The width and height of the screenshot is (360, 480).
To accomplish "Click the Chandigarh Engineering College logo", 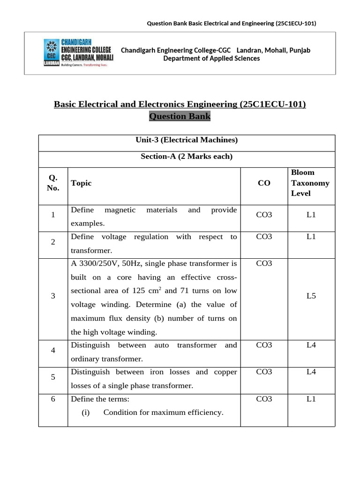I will tap(78, 52).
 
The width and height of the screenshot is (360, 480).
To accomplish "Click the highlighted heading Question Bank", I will tap(180, 116).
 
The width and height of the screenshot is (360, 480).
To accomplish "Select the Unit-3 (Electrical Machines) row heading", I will tap(187, 140).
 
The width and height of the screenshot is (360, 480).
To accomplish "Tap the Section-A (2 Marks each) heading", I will tap(187, 157).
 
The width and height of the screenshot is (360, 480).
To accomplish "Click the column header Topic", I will tap(81, 183).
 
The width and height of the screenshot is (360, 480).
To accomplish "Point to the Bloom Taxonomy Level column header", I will tap(310, 183).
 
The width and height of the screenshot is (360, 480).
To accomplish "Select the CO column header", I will tap(264, 183).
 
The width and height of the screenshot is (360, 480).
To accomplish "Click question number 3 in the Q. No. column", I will tap(53, 296).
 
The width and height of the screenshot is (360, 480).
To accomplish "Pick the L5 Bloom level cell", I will tap(311, 296).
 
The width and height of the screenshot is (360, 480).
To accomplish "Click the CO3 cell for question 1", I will tap(264, 215).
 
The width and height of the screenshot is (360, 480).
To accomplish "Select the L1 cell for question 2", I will tap(311, 237).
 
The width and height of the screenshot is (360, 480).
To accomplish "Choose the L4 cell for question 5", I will tap(311, 372).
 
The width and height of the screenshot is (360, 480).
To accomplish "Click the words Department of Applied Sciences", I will tap(211, 59).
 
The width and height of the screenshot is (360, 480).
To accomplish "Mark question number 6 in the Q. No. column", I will tap(53, 399).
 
